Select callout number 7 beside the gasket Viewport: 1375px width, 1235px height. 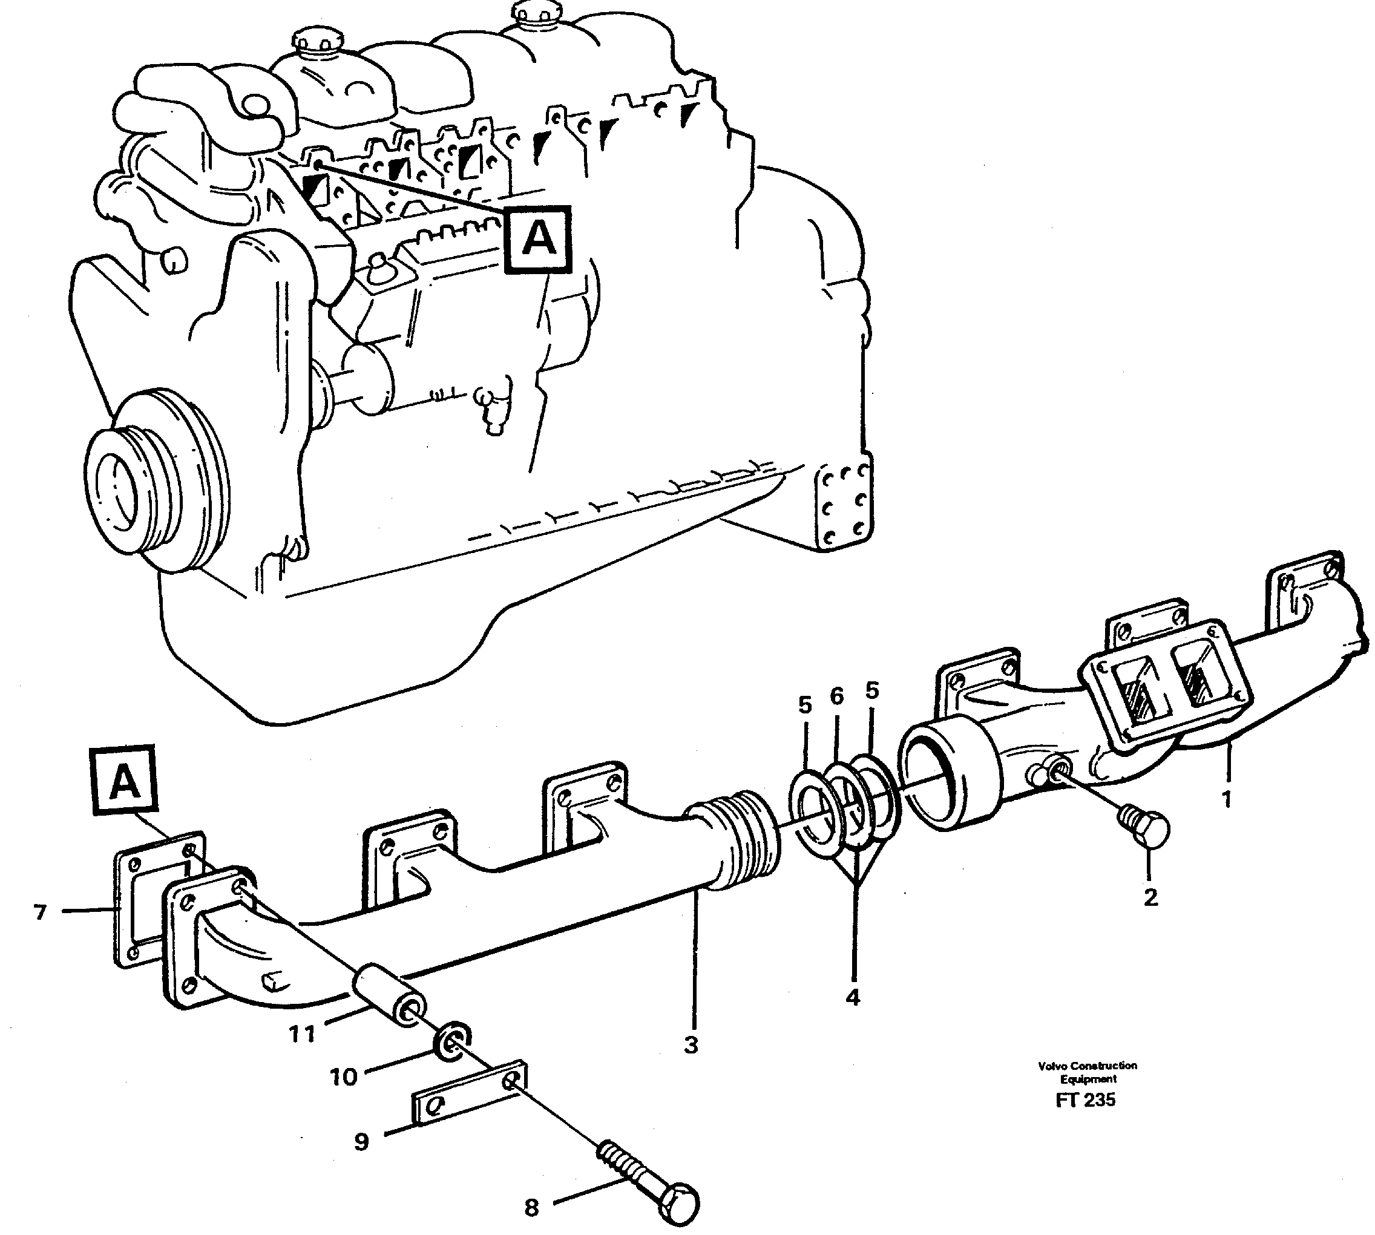click(x=40, y=912)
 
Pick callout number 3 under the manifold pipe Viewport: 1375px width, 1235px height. click(x=691, y=1046)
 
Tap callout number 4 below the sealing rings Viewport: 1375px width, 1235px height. click(x=853, y=997)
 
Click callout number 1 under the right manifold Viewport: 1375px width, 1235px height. click(x=1226, y=800)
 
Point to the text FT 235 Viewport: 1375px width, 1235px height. click(x=1085, y=1100)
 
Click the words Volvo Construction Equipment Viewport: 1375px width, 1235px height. click(x=1088, y=1072)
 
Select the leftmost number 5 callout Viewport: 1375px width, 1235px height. click(x=804, y=705)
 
